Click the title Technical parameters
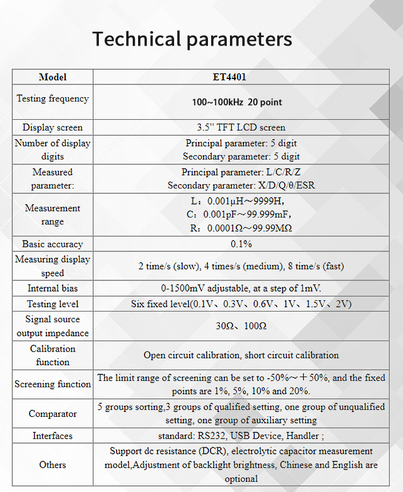tap(192, 39)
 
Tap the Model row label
tap(53, 77)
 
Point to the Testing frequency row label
tap(53, 98)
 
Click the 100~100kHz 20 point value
tap(237, 102)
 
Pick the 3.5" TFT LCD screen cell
tap(241, 127)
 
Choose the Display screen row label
tap(53, 127)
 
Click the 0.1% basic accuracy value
tap(241, 244)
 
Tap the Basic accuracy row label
tap(53, 244)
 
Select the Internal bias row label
tap(53, 288)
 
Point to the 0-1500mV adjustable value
tap(241, 288)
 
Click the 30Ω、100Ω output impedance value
tap(241, 326)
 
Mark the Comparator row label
tap(53, 414)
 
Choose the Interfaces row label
tap(53, 436)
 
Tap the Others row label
tap(53, 465)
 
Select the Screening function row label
tap(53, 384)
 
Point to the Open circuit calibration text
tap(241, 355)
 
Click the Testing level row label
tap(53, 304)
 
